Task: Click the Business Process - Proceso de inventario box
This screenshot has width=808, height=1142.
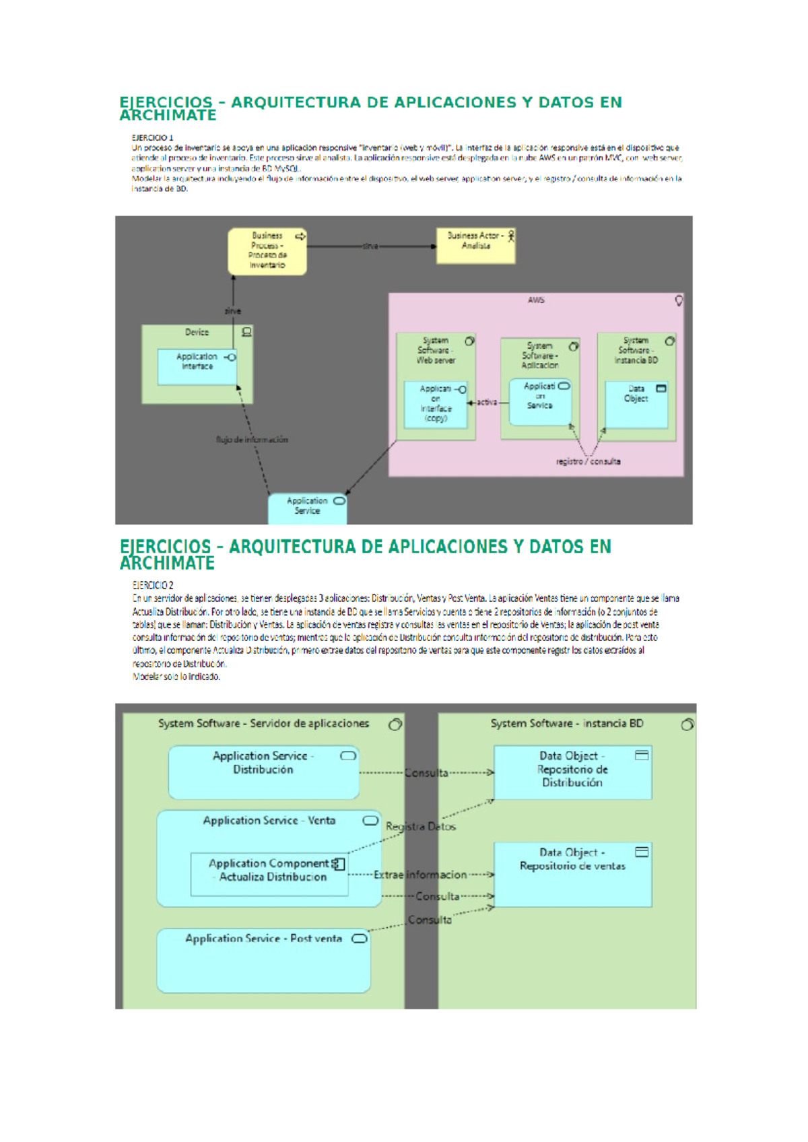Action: pos(267,251)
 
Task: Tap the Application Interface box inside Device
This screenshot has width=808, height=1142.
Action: pos(197,366)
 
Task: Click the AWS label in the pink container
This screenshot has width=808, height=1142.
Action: pos(536,300)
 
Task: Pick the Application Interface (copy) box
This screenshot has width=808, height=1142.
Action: pos(436,404)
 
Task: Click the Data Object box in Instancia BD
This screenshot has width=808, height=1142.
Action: pos(636,404)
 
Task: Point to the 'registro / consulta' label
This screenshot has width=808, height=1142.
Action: pos(588,462)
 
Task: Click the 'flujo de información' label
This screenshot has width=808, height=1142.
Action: pos(252,440)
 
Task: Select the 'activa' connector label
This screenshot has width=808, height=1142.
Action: pos(487,402)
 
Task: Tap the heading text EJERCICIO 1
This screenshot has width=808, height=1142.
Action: pos(152,137)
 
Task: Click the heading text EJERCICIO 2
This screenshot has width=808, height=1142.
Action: pos(153,585)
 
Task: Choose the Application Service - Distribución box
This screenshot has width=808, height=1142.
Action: pos(263,772)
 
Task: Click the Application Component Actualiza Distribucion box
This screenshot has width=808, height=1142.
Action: pos(269,874)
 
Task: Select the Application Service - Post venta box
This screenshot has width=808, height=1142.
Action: pos(263,960)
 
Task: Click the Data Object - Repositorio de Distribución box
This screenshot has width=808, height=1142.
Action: pos(572,772)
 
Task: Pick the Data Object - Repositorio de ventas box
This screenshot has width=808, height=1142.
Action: pos(572,873)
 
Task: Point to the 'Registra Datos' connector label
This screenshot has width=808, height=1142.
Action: pos(421,826)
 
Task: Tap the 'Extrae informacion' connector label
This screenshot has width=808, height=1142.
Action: pos(420,875)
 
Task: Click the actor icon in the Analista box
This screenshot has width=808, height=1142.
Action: pos(511,236)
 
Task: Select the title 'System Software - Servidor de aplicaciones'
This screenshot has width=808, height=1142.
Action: pos(263,724)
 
